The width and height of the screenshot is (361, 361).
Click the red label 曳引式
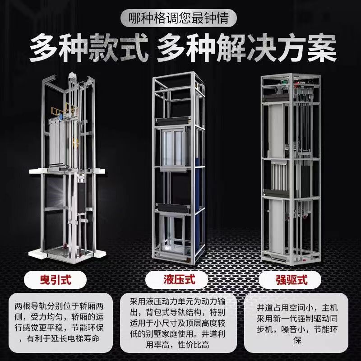[56, 280]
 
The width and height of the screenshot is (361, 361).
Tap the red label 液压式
[179, 280]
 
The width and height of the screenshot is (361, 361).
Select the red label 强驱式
[292, 280]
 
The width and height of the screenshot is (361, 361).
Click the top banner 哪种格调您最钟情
[178, 18]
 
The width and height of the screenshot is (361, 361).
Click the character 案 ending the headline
[322, 48]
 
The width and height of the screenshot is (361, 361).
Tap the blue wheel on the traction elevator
[61, 117]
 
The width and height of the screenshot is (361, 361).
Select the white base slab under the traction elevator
[67, 255]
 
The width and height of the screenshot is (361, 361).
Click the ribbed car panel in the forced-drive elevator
[279, 176]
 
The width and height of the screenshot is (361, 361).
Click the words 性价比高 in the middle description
[194, 345]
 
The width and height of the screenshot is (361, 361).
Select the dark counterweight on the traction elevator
[81, 196]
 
